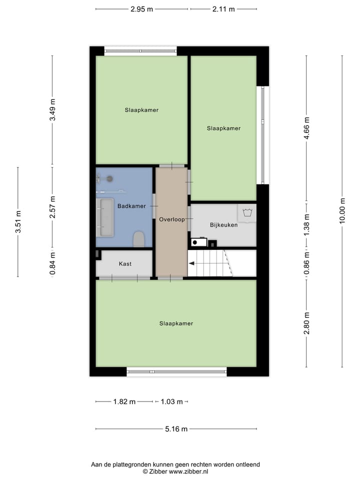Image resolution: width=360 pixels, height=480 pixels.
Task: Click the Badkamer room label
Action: point(131,206)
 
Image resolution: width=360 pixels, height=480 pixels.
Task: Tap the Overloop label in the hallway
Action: point(171,219)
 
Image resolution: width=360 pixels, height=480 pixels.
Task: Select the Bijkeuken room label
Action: point(223,225)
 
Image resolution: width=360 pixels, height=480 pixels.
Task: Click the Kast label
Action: point(125,263)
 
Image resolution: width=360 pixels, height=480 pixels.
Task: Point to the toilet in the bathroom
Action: point(138,239)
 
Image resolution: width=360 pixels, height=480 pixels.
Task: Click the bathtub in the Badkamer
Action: point(105,217)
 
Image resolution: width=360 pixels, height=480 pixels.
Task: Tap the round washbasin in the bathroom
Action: point(109,178)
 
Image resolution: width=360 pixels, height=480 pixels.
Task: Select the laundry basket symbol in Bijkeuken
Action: point(246,213)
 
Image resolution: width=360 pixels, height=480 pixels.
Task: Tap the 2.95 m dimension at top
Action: point(141,9)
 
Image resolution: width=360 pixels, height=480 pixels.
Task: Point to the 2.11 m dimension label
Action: point(223,9)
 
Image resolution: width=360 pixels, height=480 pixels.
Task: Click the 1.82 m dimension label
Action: point(124,401)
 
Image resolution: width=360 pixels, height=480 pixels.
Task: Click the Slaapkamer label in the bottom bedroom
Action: point(176,323)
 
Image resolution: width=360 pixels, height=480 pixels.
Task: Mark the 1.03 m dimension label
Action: point(171,401)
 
